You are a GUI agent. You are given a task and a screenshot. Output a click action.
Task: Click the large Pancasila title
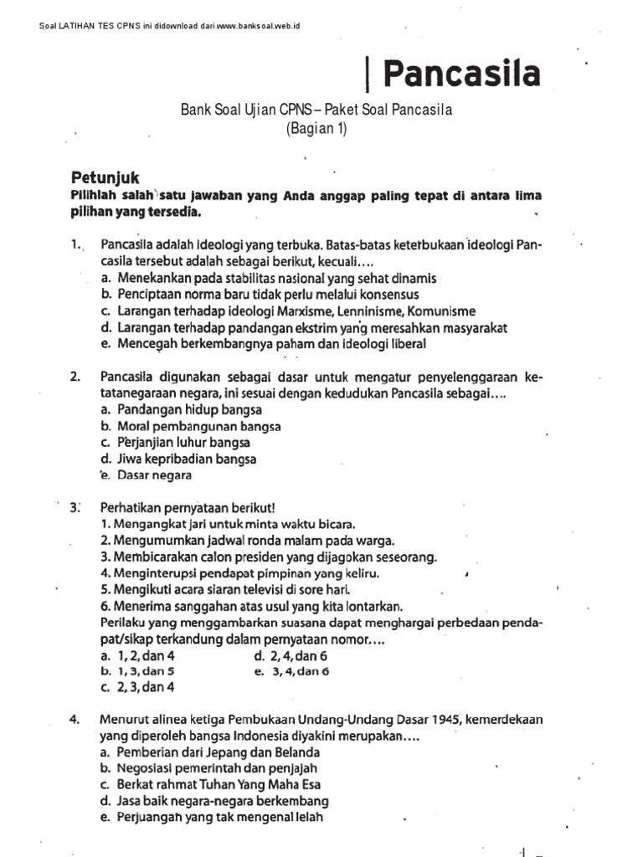[x=461, y=74]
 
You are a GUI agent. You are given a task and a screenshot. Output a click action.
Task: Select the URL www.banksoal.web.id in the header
[x=258, y=26]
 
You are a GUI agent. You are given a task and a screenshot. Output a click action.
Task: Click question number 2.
[x=75, y=377]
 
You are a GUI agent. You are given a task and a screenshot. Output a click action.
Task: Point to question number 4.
[x=75, y=718]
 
